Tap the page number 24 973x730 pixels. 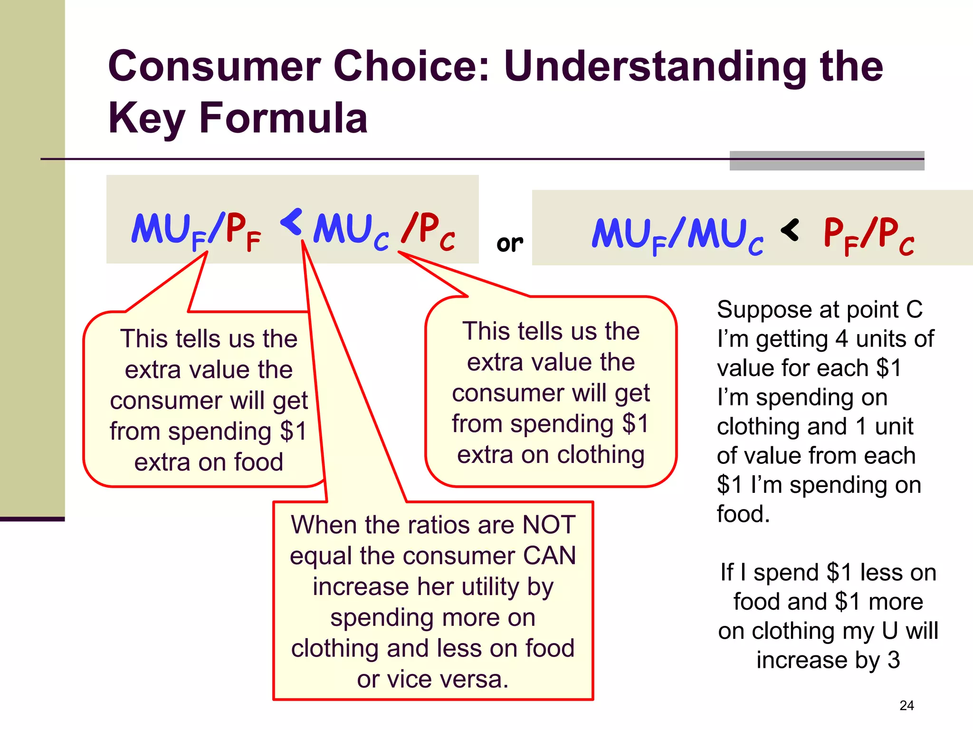906,705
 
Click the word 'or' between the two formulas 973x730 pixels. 509,244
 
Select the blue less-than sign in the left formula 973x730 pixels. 292,222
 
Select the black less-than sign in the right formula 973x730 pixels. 790,231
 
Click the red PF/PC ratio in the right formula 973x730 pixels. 868,235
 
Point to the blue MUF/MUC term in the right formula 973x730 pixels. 677,235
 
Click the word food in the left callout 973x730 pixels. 258,462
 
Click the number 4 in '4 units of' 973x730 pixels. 841,339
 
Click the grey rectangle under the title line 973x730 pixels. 827,162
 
